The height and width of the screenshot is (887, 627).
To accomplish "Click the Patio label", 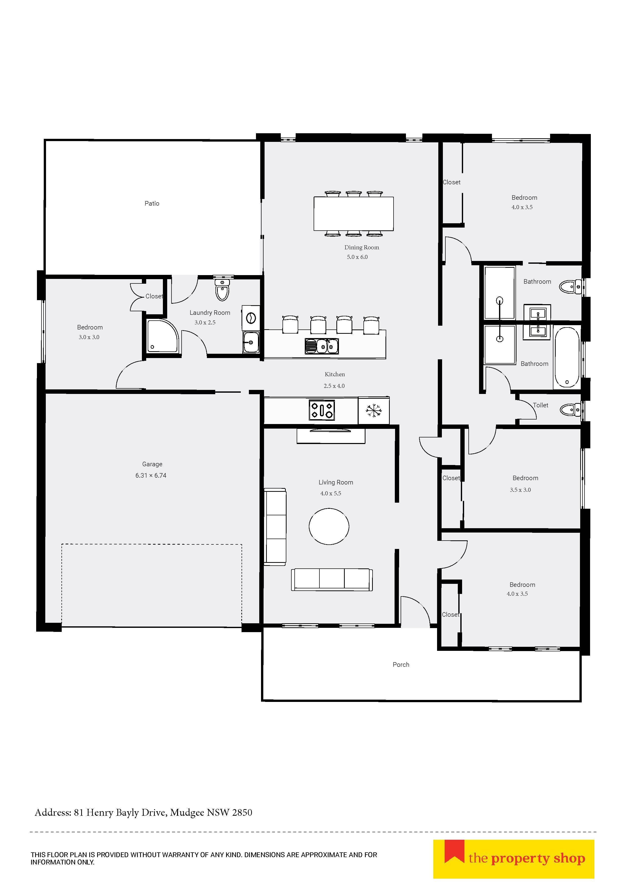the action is (x=152, y=203).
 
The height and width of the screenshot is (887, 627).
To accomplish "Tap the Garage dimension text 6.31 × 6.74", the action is (x=151, y=476).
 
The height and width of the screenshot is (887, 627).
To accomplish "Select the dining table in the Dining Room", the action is (x=354, y=214).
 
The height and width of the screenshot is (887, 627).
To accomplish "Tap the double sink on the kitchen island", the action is (x=322, y=346).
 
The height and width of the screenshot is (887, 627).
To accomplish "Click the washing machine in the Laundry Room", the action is (x=251, y=318).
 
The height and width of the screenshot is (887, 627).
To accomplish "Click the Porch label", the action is (x=401, y=664).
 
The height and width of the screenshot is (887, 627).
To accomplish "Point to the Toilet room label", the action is (x=540, y=405).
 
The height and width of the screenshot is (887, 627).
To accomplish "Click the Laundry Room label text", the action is (x=210, y=313).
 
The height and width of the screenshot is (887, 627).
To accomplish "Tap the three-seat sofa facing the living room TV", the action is (x=332, y=580).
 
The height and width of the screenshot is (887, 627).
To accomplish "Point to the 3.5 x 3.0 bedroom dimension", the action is (x=520, y=490).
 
